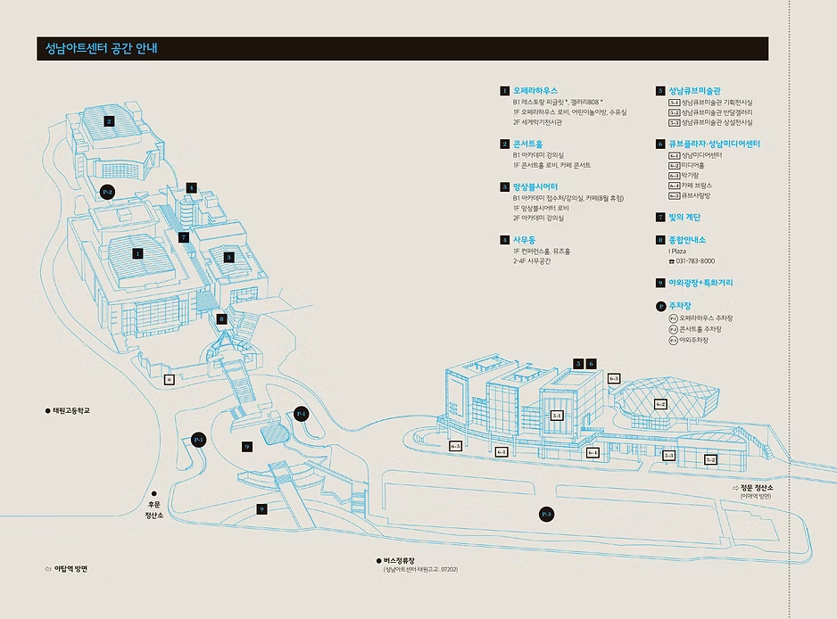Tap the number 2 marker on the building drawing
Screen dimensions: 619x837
click(x=109, y=121)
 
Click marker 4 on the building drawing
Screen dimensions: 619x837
click(x=191, y=188)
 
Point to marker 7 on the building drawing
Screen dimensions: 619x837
click(x=183, y=237)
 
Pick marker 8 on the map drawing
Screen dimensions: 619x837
click(x=222, y=318)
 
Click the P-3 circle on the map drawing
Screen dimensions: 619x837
click(x=547, y=515)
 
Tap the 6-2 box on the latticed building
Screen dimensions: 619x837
click(x=660, y=404)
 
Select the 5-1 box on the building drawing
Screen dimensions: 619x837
click(x=556, y=415)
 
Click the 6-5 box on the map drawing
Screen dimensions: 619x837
click(x=455, y=445)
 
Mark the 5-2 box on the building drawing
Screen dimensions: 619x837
click(x=710, y=460)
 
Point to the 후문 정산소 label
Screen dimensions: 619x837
click(x=153, y=509)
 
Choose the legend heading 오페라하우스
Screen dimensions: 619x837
click(x=535, y=91)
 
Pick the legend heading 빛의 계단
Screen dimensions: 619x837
click(x=685, y=217)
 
